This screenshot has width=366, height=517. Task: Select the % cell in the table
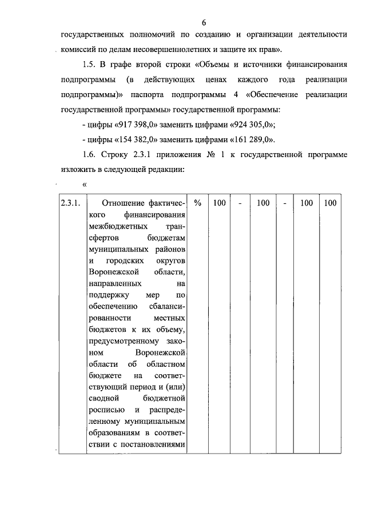coord(197,203)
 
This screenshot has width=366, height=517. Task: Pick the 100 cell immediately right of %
coord(219,203)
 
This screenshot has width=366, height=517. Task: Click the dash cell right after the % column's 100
coord(241,203)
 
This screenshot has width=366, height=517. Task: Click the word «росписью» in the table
coord(105,410)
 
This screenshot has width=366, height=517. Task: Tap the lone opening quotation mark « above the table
coord(85,184)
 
